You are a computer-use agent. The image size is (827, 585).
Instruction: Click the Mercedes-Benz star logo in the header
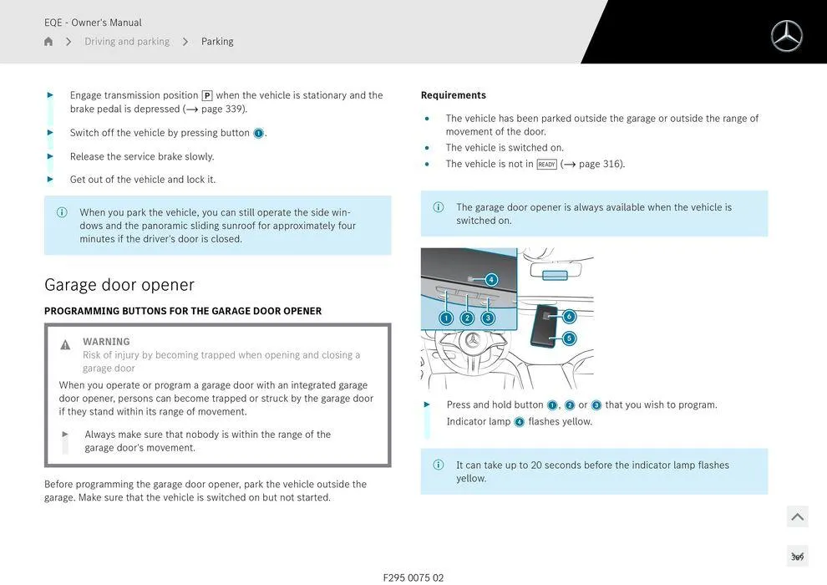(786, 36)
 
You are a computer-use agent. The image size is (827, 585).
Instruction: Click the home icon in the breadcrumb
(48, 42)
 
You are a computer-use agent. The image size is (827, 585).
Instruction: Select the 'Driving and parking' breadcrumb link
(127, 42)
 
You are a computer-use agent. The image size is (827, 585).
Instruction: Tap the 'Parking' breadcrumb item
(217, 42)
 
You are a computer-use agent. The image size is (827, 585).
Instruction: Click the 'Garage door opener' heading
(119, 285)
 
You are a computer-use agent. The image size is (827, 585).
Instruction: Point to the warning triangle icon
(65, 345)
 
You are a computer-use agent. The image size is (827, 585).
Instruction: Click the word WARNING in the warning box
(106, 342)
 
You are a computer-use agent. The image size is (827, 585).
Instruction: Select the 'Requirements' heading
(453, 95)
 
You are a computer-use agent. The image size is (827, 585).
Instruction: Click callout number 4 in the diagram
(491, 280)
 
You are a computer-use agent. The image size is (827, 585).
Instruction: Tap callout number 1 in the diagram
(446, 318)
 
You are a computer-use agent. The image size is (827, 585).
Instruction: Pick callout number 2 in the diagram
(467, 318)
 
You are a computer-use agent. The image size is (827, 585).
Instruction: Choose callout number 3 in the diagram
(488, 318)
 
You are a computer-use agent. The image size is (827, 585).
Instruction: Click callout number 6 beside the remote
(569, 317)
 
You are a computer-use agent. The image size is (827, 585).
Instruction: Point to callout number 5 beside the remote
(569, 338)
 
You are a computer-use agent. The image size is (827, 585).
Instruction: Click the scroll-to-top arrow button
(798, 517)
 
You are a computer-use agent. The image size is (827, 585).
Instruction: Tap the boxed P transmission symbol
(207, 96)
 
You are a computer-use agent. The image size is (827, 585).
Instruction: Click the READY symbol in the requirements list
(546, 165)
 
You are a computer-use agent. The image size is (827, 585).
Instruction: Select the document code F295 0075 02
(413, 577)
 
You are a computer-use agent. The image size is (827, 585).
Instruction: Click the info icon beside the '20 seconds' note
(439, 465)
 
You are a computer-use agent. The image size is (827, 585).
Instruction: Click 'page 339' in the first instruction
(224, 109)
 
